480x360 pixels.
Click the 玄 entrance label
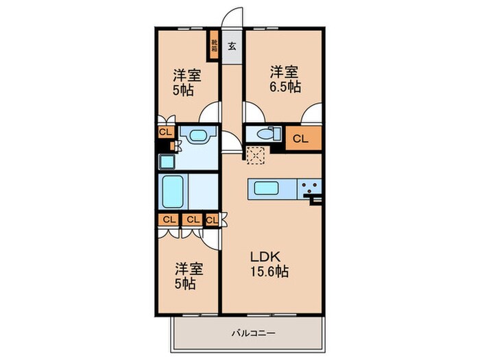(x=232, y=47)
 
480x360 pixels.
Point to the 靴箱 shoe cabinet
(x=214, y=47)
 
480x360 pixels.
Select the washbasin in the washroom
(x=199, y=136)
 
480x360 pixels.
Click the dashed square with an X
(x=255, y=157)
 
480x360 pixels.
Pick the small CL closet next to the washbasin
(x=166, y=132)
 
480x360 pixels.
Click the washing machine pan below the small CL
(x=166, y=162)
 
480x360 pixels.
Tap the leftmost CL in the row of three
(x=168, y=219)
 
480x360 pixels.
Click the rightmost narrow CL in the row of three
(x=211, y=219)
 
